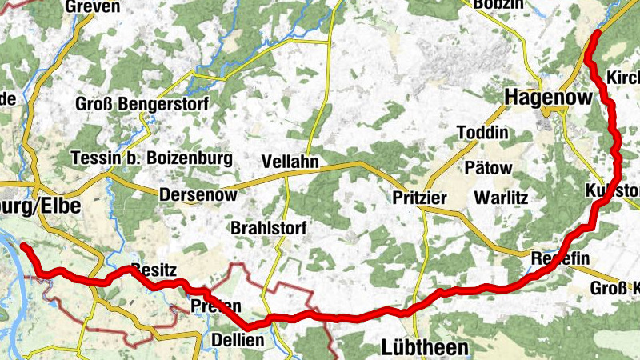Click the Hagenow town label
(x=549, y=98)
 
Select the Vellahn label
(x=290, y=162)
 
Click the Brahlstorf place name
(x=268, y=228)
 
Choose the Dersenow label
(x=198, y=195)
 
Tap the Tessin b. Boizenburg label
(x=151, y=158)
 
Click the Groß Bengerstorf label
(x=142, y=104)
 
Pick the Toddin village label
(x=482, y=132)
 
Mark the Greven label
(x=94, y=7)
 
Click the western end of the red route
(x=23, y=246)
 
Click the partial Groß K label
(x=614, y=288)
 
